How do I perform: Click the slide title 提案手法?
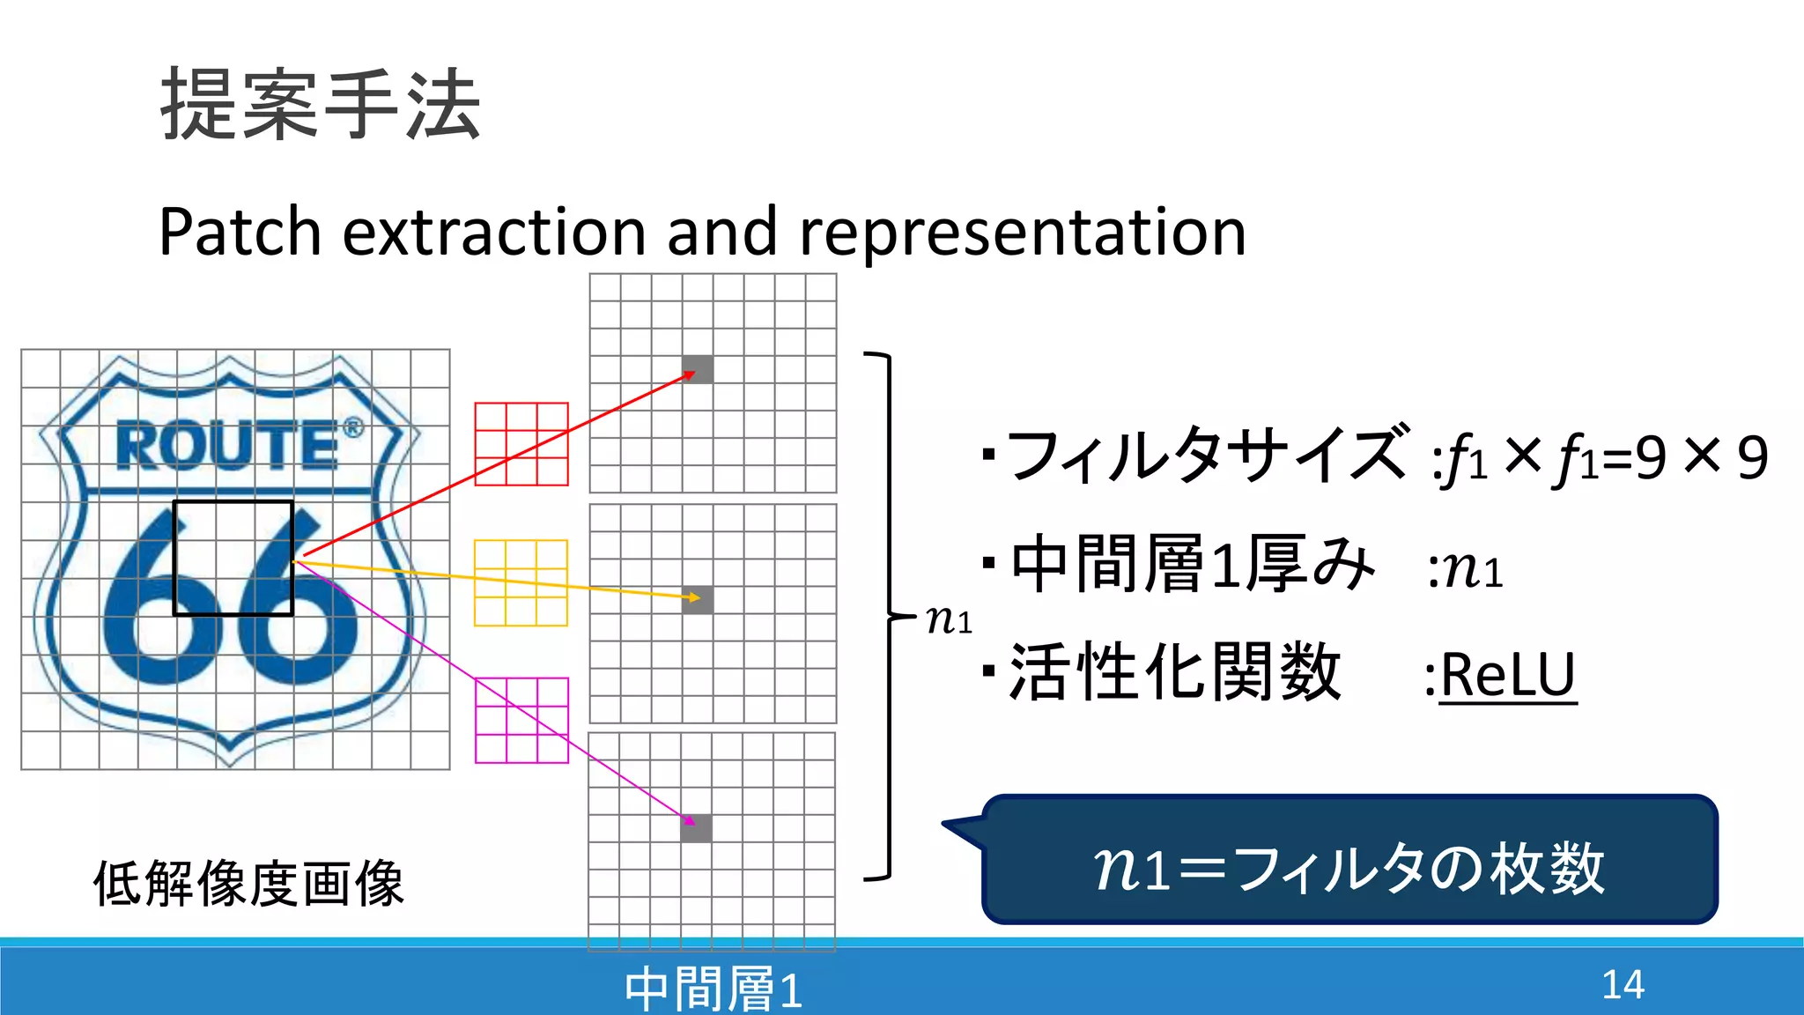(321, 106)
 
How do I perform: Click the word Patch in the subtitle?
(240, 232)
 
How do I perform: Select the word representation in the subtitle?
(1022, 232)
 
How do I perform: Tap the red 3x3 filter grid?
(521, 444)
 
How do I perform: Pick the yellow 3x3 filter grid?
(521, 583)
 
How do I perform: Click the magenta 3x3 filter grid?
(521, 721)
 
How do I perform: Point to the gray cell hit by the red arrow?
(698, 369)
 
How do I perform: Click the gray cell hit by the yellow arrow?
(698, 600)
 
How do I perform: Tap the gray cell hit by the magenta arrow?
(696, 828)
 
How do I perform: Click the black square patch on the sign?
(233, 558)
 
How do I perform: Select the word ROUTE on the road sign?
(227, 446)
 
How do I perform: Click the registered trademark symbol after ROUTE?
(352, 428)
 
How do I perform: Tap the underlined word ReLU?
(1507, 677)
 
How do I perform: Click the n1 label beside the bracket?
(949, 620)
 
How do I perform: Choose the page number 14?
(1623, 985)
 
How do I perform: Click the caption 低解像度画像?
(248, 884)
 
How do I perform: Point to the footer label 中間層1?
(713, 989)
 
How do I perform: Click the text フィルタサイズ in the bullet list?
(1207, 456)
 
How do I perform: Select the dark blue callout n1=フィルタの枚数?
(1349, 861)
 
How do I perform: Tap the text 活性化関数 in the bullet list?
(1175, 673)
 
